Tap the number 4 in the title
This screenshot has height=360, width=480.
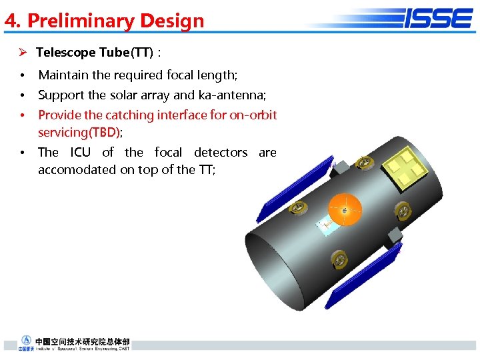[9, 21]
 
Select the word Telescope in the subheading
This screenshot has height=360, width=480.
[63, 52]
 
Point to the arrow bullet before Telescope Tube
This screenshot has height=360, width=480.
[22, 52]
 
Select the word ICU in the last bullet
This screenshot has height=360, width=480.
[80, 153]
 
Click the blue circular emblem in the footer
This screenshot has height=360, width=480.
[27, 341]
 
